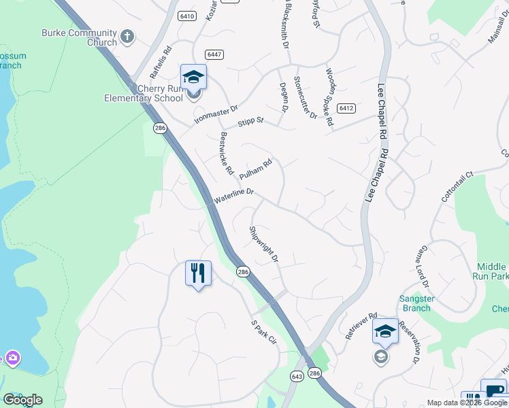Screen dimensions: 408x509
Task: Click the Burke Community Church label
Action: pos(79,37)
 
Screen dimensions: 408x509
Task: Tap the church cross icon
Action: pos(127,35)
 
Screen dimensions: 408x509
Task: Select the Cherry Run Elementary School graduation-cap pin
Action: pos(193,77)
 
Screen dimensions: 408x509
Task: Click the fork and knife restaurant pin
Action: pos(198,273)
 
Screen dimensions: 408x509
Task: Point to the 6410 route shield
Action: pos(186,16)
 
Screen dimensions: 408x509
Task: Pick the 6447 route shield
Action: pos(214,54)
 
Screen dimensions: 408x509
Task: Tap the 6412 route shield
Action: pos(346,107)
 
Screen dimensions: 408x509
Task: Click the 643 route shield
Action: pos(297,376)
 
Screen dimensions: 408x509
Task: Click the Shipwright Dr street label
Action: pos(263,244)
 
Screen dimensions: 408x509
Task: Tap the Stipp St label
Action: pos(250,123)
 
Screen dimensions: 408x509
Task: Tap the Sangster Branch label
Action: pos(416,303)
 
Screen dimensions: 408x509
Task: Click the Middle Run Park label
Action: pos(489,271)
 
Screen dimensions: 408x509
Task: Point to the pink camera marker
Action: pos(12,358)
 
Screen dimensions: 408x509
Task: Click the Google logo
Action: pos(22,400)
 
